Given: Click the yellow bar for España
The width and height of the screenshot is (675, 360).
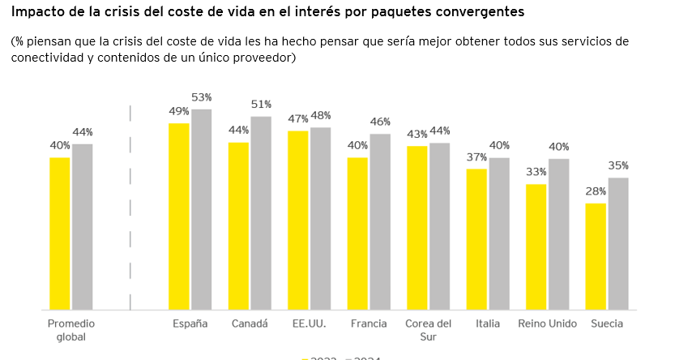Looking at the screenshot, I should coord(178,216).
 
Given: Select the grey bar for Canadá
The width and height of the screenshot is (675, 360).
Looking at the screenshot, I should coord(260,213).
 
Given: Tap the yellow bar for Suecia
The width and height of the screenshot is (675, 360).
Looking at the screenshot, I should coord(596,256).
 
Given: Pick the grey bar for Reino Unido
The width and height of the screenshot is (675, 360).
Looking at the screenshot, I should coord(558,234).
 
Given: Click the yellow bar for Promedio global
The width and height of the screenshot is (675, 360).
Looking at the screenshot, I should coord(60,234).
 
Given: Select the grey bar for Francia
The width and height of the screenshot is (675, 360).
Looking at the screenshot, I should coord(380,221).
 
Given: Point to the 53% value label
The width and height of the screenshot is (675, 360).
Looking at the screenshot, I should coord(201,97).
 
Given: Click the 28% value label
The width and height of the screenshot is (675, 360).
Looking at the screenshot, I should coord(596,191).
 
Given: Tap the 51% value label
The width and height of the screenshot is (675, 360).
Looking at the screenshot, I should coord(261,105).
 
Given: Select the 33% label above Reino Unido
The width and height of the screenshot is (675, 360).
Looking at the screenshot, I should coord(536,172).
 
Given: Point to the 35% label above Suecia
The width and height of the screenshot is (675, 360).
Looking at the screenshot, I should coord(618,165).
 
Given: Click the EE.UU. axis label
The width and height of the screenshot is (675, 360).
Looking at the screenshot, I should coord(309,324).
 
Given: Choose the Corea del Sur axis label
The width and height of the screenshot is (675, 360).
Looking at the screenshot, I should coord(427,330).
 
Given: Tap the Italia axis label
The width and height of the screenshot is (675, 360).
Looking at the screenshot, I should coord(487,324).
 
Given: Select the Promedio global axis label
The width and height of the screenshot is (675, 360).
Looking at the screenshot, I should coord(70,330).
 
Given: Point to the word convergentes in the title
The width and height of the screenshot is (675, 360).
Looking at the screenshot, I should coord(472,11).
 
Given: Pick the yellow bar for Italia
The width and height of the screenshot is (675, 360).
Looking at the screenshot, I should coord(476,239).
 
